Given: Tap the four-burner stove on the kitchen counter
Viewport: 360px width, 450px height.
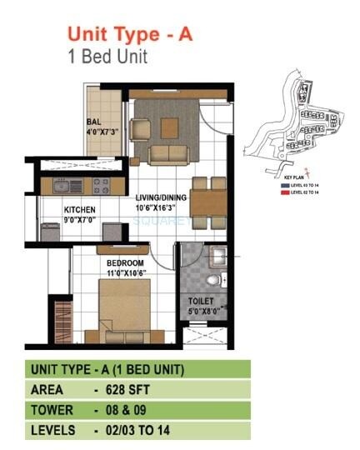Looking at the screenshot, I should (102, 185).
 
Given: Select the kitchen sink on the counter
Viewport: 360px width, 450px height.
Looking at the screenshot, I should (63, 185).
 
